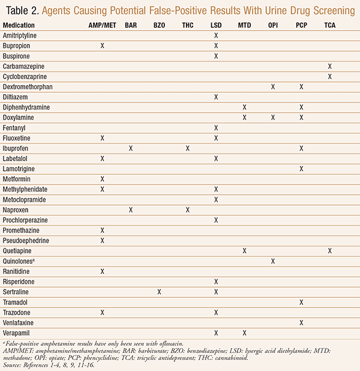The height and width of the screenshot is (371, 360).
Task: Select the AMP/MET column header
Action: click(102, 25)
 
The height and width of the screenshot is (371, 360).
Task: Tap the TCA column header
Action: click(330, 25)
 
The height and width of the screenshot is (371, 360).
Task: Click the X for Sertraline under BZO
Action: click(159, 292)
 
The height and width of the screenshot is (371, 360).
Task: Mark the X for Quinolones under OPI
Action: click(273, 261)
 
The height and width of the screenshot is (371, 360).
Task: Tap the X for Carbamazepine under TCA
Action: click(330, 66)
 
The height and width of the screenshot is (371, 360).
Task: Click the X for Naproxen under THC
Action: click(188, 210)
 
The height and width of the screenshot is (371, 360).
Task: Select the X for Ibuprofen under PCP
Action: click(301, 148)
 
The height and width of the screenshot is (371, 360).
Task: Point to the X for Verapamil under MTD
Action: click(244, 333)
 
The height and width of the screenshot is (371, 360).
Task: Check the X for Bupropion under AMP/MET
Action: click(103, 46)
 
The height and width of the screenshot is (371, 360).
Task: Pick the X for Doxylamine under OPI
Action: click(273, 117)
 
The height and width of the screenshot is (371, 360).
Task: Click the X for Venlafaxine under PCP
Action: click(301, 322)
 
